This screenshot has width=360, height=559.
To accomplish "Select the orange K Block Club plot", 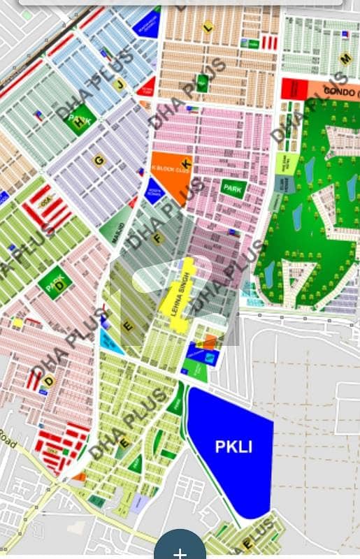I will click(x=169, y=174).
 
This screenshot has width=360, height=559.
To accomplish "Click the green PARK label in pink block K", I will click(x=232, y=187).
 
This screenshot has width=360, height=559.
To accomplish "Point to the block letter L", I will click(x=207, y=27).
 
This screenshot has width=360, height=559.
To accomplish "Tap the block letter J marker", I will click(x=120, y=85).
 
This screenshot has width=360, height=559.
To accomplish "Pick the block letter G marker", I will click(x=99, y=160).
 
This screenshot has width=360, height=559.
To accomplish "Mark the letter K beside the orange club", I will click(x=187, y=163).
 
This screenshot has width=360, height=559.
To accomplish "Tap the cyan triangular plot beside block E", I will click(x=109, y=342).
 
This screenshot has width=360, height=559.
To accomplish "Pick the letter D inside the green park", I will click(x=59, y=285).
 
